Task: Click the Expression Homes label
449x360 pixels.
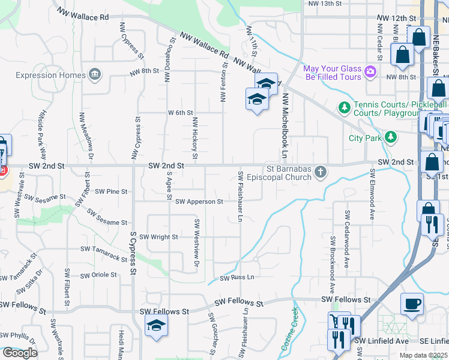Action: (50, 75)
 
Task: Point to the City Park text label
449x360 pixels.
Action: (365, 137)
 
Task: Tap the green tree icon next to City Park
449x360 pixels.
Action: (391, 137)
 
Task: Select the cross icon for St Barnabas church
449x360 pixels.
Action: (321, 173)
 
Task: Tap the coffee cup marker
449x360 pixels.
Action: (412, 304)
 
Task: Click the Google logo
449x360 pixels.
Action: (20, 353)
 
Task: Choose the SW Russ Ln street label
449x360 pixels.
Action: (237, 278)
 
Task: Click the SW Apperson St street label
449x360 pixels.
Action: (199, 202)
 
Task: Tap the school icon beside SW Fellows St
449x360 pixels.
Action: (156, 325)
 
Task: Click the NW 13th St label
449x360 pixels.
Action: (324, 4)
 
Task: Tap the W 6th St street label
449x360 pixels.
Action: (180, 113)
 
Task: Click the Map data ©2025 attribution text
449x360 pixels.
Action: (424, 355)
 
